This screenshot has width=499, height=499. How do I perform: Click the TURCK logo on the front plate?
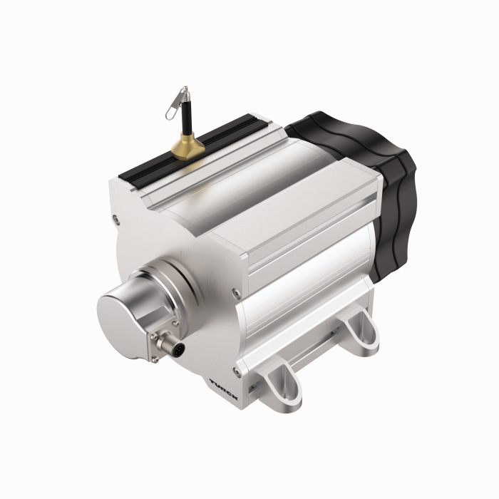224,389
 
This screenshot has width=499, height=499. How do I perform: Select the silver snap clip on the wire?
176,103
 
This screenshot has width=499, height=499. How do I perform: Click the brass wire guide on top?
187,147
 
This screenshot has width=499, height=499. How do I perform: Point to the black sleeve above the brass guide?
187,117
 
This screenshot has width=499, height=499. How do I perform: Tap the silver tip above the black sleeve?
185,93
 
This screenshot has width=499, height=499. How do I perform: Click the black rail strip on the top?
193,150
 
